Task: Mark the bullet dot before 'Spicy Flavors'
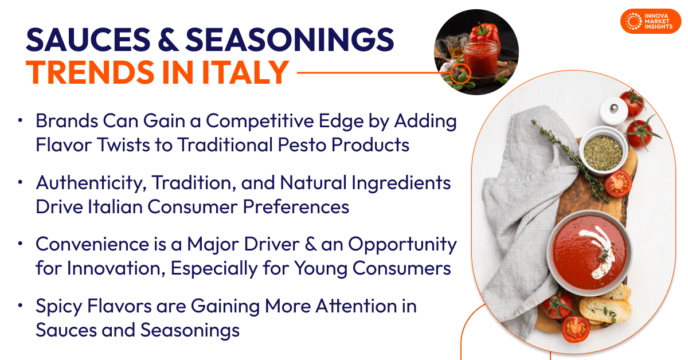21,306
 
